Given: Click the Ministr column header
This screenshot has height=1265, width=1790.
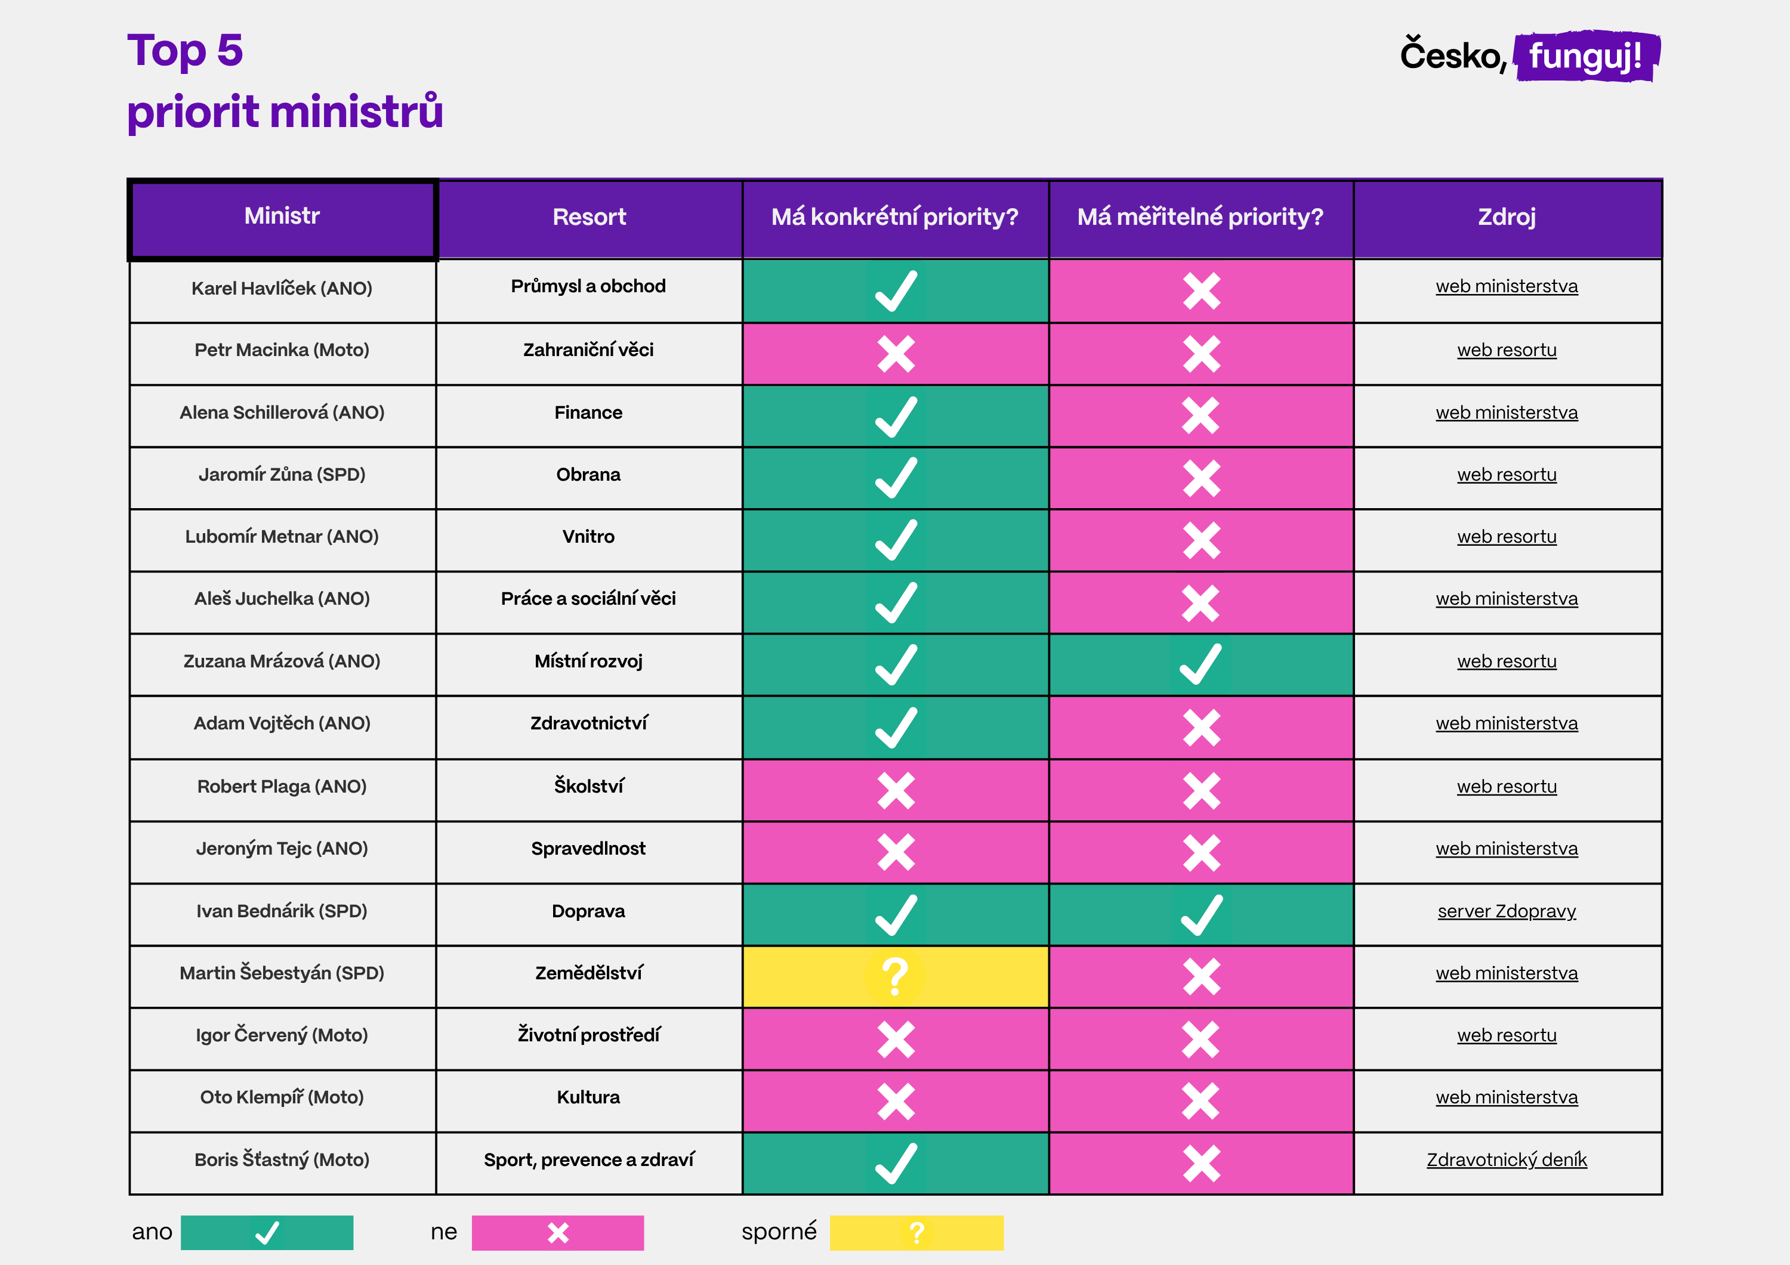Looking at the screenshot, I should [282, 216].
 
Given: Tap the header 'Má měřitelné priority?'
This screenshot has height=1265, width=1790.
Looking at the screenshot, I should [1200, 216].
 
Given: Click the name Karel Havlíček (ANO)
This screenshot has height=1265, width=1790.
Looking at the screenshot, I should [282, 289].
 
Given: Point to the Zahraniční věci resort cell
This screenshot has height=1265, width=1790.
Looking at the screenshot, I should [588, 350].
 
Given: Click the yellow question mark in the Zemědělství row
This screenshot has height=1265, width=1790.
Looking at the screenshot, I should [895, 976].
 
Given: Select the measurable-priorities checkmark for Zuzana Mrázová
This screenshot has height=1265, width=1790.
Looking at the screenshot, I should [1200, 664].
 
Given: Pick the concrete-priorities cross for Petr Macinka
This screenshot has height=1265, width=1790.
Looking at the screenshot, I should [896, 354].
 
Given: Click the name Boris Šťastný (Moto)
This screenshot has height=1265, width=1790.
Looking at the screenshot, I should [282, 1160].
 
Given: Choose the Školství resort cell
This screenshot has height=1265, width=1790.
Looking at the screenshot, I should [588, 787].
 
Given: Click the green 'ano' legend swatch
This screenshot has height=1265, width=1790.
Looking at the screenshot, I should [267, 1232].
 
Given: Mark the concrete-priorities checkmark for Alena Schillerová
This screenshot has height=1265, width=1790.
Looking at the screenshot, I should [896, 416].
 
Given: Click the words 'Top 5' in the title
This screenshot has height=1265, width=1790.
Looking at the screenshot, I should [186, 51].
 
